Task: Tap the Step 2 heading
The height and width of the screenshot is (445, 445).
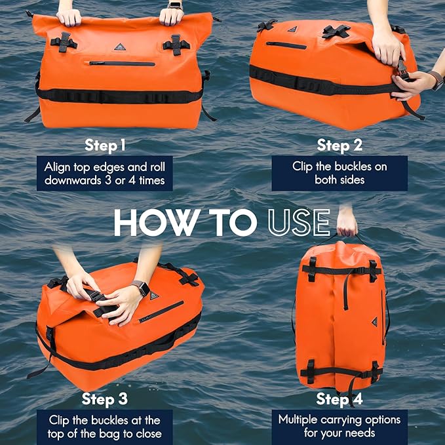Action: pyautogui.click(x=340, y=145)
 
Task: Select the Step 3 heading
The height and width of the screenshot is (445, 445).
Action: pyautogui.click(x=106, y=398)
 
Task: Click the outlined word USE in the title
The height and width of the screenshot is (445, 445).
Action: pyautogui.click(x=298, y=223)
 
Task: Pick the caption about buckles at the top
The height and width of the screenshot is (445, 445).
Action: pyautogui.click(x=105, y=427)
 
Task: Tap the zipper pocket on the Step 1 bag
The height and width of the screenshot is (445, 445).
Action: pyautogui.click(x=123, y=64)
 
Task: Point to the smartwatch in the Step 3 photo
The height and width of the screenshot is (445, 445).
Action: pyautogui.click(x=139, y=287)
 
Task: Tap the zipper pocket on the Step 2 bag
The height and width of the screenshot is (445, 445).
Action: pyautogui.click(x=286, y=46)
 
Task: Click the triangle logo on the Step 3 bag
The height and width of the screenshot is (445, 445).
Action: pyautogui.click(x=154, y=296)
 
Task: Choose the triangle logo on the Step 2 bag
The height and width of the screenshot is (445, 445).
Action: pyautogui.click(x=293, y=29)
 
